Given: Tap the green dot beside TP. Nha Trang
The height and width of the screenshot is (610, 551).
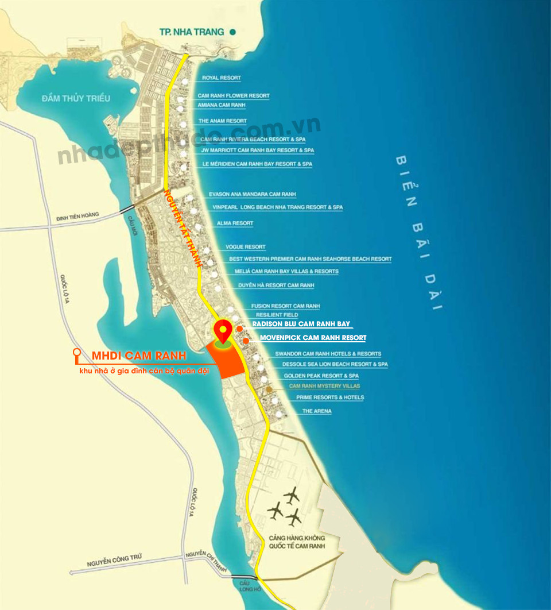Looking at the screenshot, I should pyautogui.click(x=232, y=32).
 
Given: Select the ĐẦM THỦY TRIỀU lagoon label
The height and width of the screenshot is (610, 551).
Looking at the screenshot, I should pyautogui.click(x=75, y=98).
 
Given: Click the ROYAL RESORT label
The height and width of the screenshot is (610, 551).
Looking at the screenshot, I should pyautogui.click(x=221, y=78).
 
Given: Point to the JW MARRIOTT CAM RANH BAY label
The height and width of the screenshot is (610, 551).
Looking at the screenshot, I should pyautogui.click(x=257, y=150).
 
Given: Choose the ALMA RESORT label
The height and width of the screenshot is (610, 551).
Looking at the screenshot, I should pyautogui.click(x=235, y=223).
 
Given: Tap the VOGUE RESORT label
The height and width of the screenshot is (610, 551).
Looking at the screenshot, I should pyautogui.click(x=245, y=247).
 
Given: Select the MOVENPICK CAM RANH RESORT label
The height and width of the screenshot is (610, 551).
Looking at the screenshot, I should pyautogui.click(x=313, y=338).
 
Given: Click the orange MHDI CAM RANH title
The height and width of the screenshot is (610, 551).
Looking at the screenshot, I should pyautogui.click(x=139, y=356).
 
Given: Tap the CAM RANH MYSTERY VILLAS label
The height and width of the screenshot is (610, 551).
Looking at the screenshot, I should pyautogui.click(x=324, y=387).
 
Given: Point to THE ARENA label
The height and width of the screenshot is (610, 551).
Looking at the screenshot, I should pyautogui.click(x=317, y=411).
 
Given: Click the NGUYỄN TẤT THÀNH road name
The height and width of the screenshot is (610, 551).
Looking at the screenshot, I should pyautogui.click(x=183, y=227).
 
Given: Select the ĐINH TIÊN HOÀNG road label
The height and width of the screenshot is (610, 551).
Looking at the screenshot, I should pyautogui.click(x=77, y=216).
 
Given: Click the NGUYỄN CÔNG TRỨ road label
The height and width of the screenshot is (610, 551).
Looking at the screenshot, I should pyautogui.click(x=115, y=560).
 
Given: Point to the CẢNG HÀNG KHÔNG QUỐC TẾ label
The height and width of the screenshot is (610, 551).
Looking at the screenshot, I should pyautogui.click(x=297, y=542).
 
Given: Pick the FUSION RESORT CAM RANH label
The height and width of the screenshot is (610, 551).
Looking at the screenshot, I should pyautogui.click(x=285, y=306).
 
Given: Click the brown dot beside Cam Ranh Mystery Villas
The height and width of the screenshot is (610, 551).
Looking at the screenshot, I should pyautogui.click(x=269, y=389).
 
